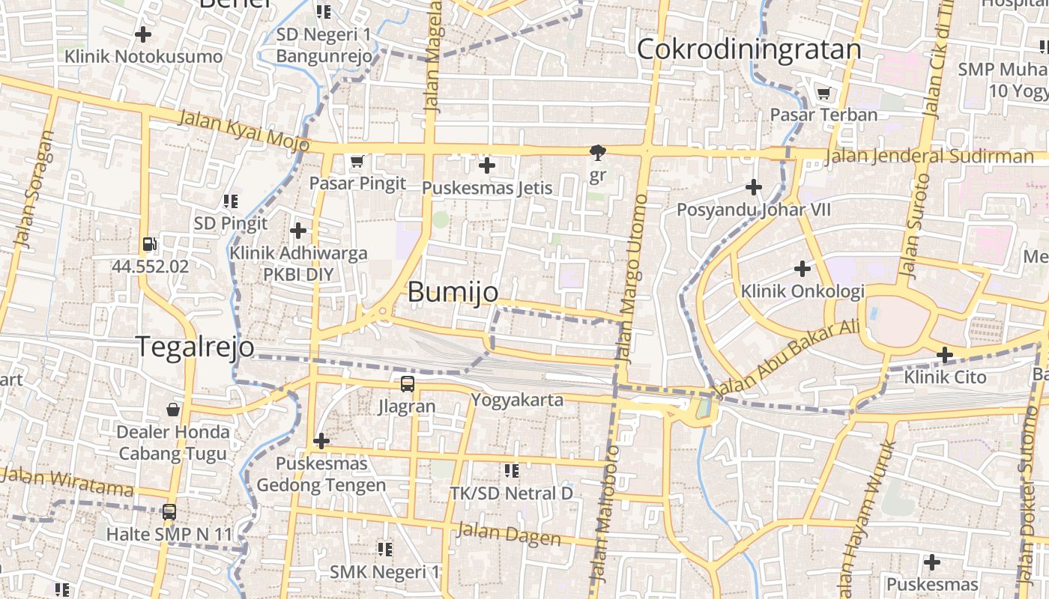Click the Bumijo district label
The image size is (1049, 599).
tap(453, 292)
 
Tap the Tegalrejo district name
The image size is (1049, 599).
tap(194, 347)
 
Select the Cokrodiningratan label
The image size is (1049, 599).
tap(749, 49)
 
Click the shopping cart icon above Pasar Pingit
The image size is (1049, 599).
tap(357, 161)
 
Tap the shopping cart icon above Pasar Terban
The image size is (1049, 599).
tap(823, 94)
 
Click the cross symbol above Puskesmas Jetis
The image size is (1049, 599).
tap(487, 165)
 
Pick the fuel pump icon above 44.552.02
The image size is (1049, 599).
tap(149, 244)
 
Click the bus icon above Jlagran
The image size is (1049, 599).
tap(407, 384)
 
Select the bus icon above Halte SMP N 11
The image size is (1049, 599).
tap(169, 512)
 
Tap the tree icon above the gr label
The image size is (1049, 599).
tap(597, 153)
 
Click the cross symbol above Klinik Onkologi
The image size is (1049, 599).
tap(802, 268)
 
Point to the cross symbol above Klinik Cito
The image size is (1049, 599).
tap(945, 354)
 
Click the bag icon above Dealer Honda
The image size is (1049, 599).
tap(173, 410)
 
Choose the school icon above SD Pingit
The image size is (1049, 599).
tap(231, 201)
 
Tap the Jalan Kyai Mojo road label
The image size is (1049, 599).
tap(244, 129)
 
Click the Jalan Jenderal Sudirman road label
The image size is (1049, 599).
tap(928, 156)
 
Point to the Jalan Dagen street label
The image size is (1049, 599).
tap(508, 534)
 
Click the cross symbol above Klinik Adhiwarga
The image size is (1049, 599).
tap(298, 231)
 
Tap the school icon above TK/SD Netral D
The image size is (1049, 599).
tap(512, 470)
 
